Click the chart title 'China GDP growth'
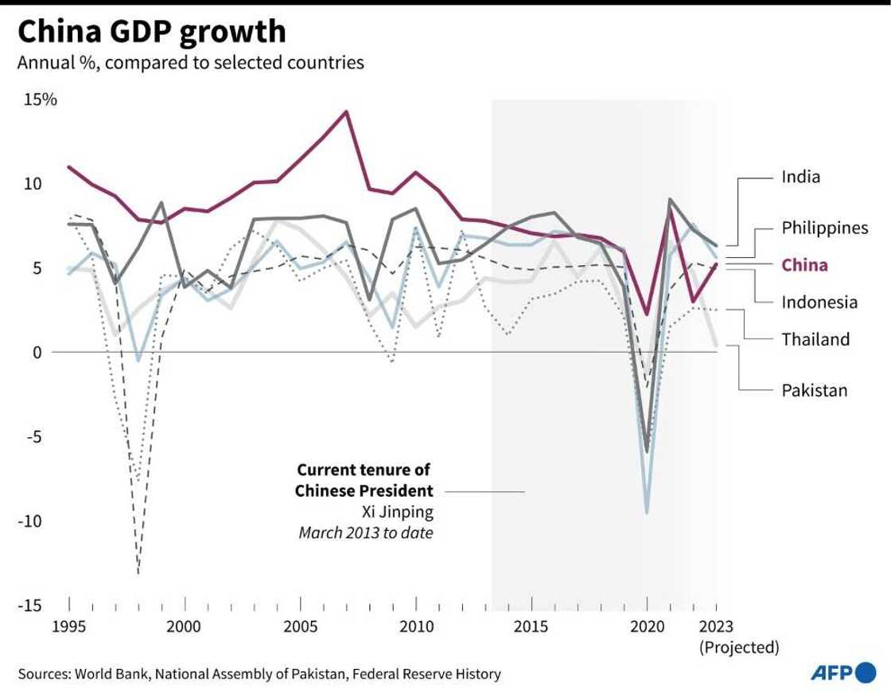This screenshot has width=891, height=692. [151, 32]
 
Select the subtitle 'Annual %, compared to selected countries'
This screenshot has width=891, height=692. [191, 62]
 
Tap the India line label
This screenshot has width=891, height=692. [800, 177]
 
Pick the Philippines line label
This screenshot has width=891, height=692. [824, 228]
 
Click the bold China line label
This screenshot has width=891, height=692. [804, 265]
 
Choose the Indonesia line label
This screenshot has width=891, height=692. [819, 302]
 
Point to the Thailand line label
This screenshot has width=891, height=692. [815, 339]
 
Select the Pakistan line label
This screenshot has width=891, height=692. [814, 390]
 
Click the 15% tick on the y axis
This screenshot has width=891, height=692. [39, 100]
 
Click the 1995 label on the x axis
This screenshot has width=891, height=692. [69, 627]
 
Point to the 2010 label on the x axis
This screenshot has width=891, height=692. [416, 627]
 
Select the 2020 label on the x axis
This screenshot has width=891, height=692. [647, 627]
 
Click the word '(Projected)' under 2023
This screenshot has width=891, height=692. [739, 647]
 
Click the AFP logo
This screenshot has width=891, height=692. [842, 673]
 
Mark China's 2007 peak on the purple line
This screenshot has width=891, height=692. [346, 111]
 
